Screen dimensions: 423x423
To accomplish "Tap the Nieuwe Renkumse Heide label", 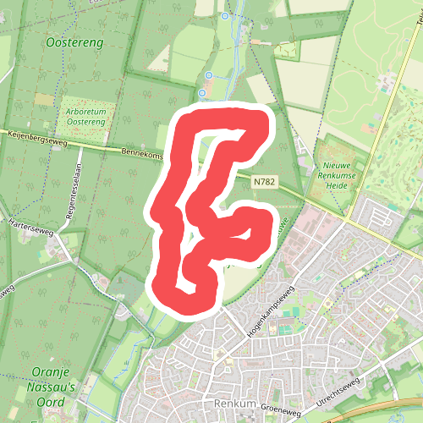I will click(341, 174).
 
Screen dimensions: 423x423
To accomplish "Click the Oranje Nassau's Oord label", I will click(53, 387).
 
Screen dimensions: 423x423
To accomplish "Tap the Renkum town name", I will click(233, 404).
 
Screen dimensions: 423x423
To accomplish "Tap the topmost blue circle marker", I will click(224, 16).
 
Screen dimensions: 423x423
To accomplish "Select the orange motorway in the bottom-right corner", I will click(398, 409).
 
